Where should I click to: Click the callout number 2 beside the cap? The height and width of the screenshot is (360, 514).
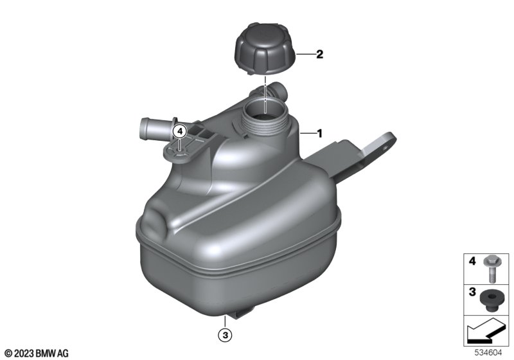coord(319,54)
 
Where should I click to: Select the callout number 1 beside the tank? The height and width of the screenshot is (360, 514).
coord(319,134)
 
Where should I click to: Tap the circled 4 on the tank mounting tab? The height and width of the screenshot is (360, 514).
coord(179,132)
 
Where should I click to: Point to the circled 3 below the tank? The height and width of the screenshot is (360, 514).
coord(226,335)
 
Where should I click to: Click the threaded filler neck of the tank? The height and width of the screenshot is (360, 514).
coord(265,118)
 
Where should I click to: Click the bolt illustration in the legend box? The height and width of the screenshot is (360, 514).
coord(491,268)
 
